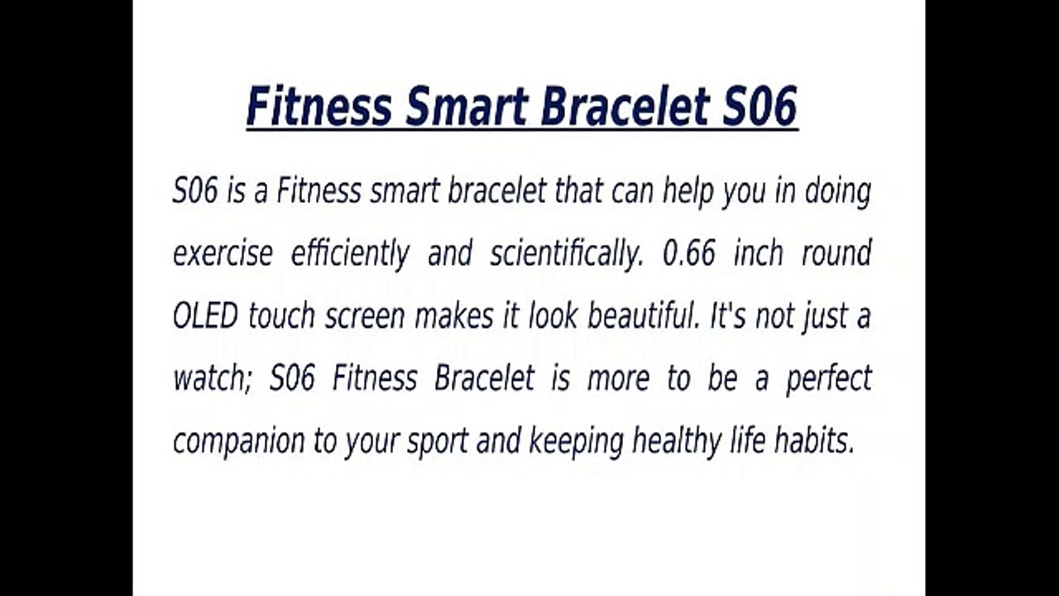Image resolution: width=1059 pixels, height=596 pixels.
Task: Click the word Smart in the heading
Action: [x=467, y=107]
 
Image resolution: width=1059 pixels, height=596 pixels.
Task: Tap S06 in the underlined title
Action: [x=760, y=107]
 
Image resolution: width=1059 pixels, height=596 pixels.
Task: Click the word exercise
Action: [x=223, y=254]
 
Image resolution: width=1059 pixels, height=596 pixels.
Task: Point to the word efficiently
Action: [x=350, y=254]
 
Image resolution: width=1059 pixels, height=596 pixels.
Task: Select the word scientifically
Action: [x=566, y=254]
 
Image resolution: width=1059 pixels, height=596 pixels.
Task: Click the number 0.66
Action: [x=689, y=253]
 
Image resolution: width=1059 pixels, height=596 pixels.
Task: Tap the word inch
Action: [x=758, y=253]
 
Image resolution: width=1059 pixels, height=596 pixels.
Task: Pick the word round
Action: [x=836, y=253]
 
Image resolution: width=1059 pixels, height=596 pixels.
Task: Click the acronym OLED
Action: [x=205, y=316]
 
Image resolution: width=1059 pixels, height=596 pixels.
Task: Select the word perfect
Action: [x=829, y=379]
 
